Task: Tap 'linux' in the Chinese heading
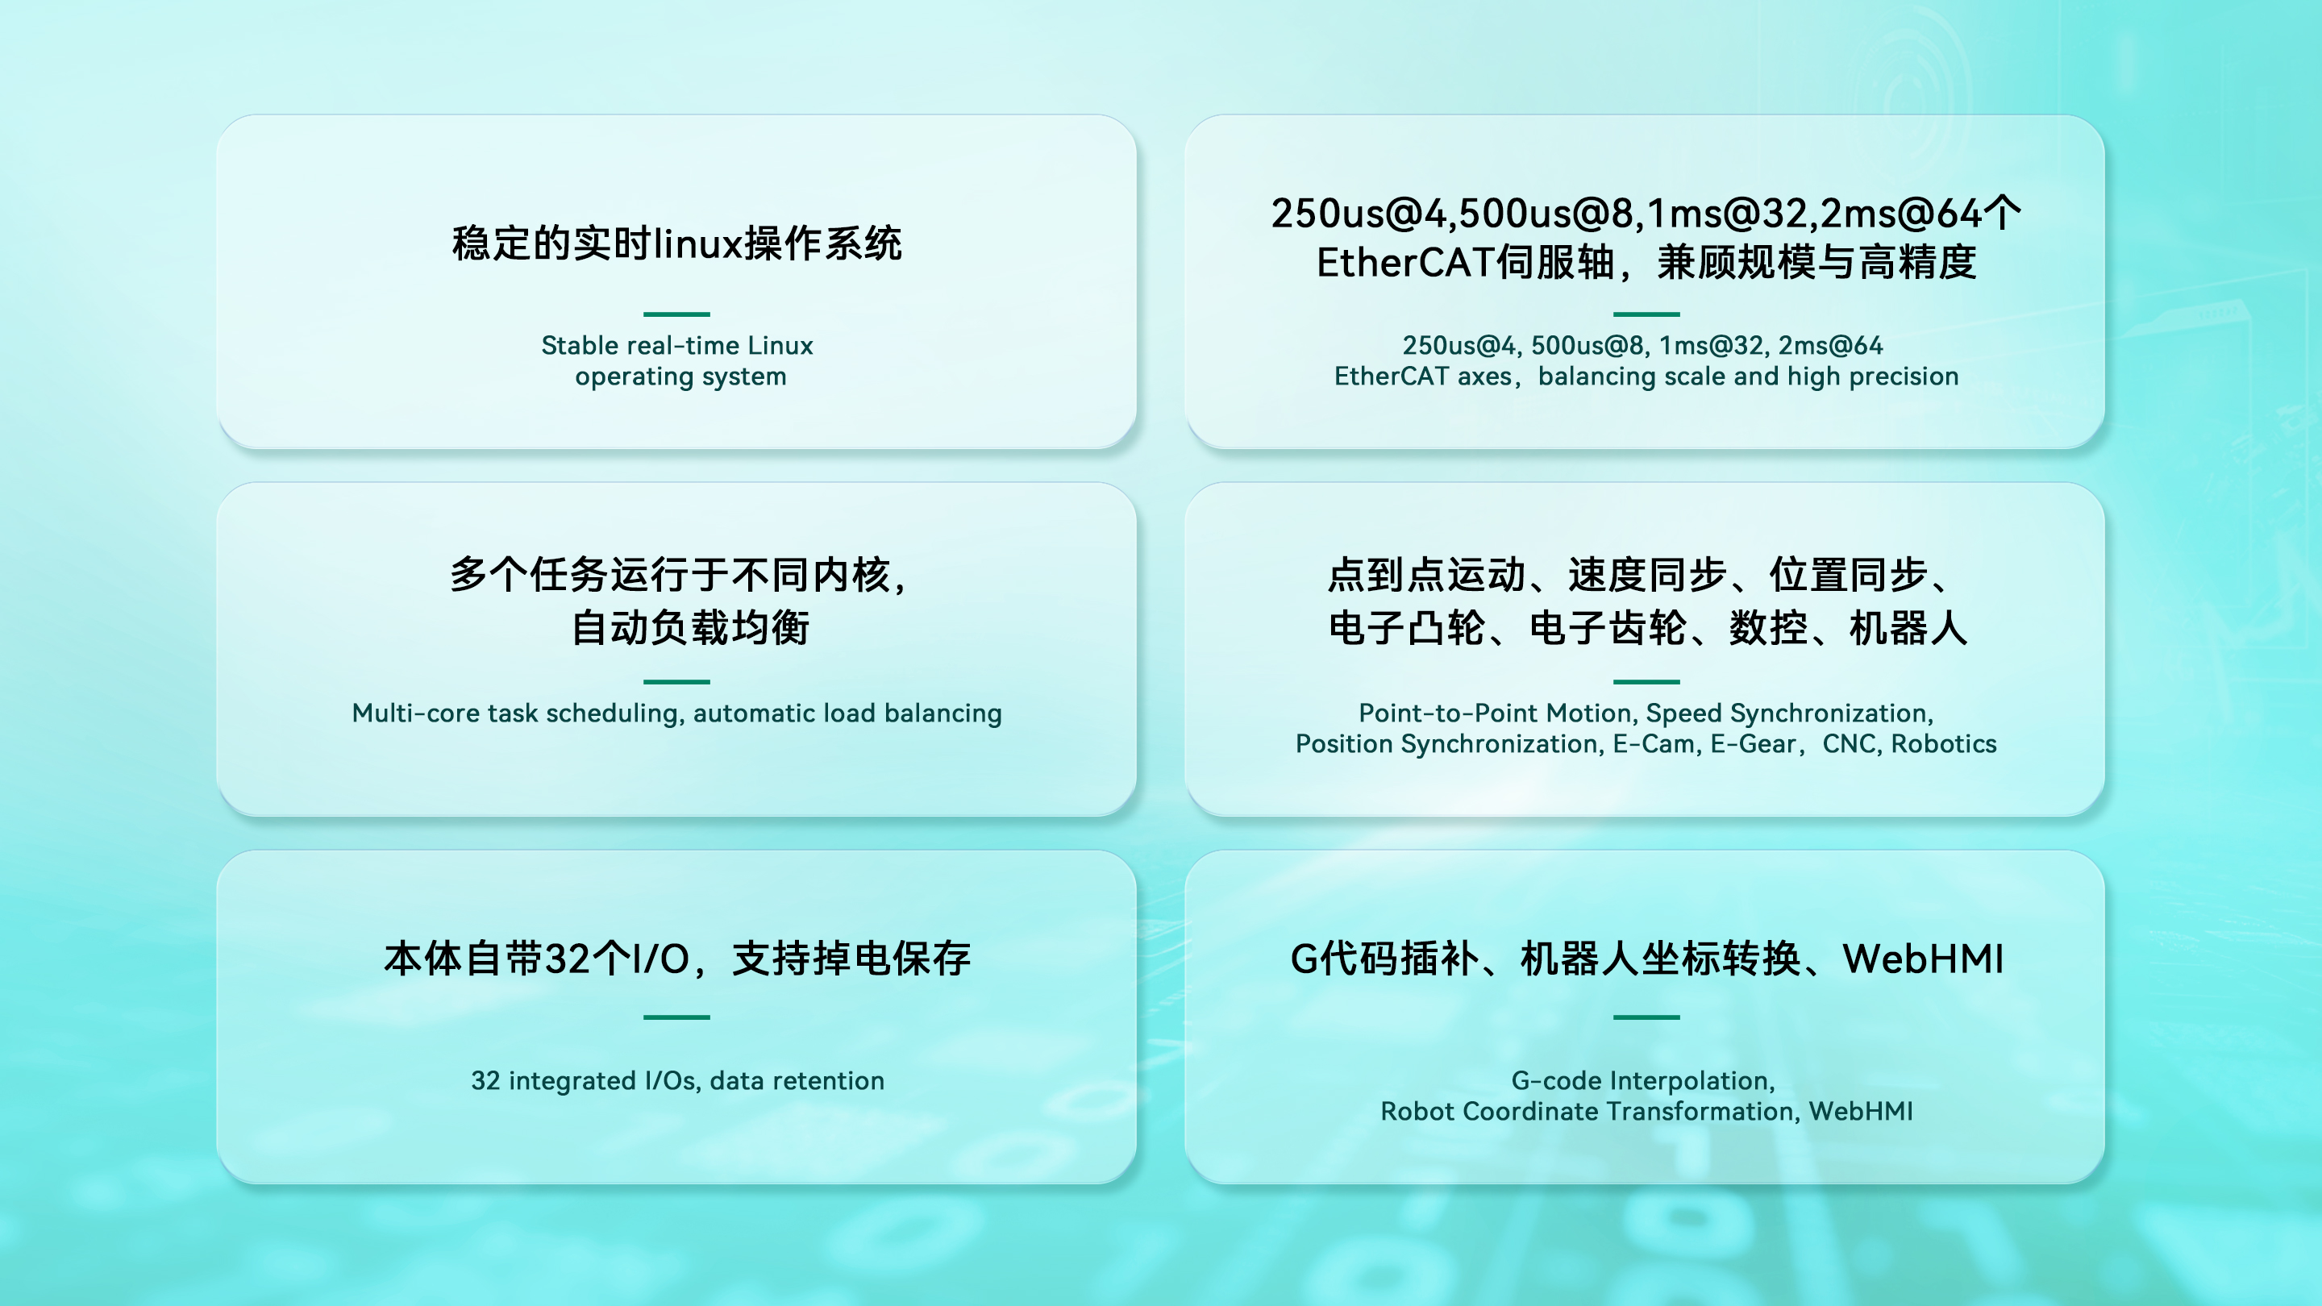pos(698,243)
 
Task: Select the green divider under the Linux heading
pos(676,314)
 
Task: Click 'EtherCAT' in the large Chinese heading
pos(1405,262)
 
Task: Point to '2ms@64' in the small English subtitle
pos(1830,345)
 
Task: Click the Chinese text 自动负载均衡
pos(690,627)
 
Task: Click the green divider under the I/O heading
pos(676,1017)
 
